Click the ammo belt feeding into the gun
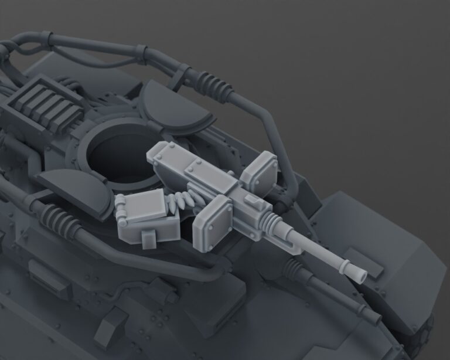point(182,199)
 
